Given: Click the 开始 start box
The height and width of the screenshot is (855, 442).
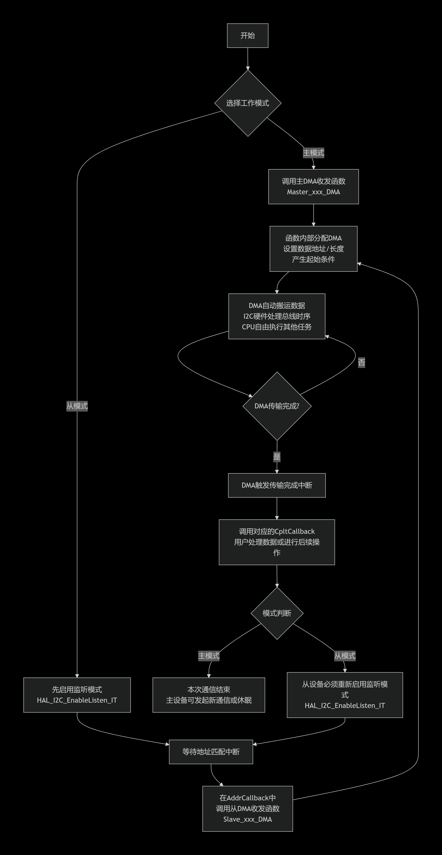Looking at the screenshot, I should [248, 36].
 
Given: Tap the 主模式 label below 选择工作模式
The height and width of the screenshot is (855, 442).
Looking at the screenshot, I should [313, 153].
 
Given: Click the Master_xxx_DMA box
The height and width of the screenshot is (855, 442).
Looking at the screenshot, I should [313, 187].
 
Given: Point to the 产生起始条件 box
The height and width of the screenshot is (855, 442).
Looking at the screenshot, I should [313, 249].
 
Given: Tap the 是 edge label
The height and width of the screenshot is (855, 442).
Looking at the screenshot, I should [277, 457].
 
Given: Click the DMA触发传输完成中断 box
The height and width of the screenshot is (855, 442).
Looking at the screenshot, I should [277, 485].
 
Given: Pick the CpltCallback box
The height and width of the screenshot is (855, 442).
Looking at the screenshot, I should [277, 542].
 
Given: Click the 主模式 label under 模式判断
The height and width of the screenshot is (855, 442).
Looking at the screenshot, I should [209, 656].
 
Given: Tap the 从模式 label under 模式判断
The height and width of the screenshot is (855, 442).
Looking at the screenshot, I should [345, 656].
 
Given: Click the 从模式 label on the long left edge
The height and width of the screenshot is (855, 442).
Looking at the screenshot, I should [77, 406].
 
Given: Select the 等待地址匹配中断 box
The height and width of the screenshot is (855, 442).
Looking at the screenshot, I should [211, 752].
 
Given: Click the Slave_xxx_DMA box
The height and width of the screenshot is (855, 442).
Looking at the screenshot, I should [248, 809].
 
